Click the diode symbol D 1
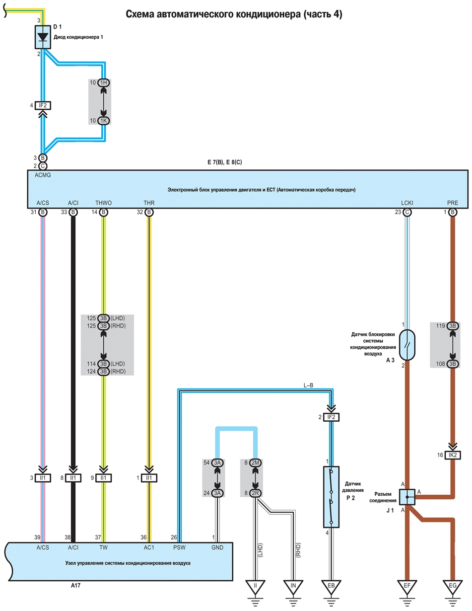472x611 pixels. (x=43, y=37)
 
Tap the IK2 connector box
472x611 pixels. (x=453, y=455)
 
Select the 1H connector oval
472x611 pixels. (x=103, y=82)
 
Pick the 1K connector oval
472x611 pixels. (x=103, y=121)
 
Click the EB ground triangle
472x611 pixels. (x=331, y=587)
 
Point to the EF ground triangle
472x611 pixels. (x=407, y=587)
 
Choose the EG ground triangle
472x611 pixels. (x=453, y=587)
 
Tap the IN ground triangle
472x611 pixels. (x=293, y=587)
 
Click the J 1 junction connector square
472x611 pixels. (x=407, y=497)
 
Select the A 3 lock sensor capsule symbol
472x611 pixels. (x=407, y=345)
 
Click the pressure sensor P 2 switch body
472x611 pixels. (x=331, y=497)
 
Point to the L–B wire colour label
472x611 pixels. (x=309, y=385)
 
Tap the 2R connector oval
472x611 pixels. (x=255, y=493)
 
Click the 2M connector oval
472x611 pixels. (x=255, y=462)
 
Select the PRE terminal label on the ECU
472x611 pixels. (x=453, y=203)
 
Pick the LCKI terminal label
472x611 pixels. (x=407, y=203)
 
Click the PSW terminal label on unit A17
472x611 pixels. (x=179, y=547)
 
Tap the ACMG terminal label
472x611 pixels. (x=43, y=175)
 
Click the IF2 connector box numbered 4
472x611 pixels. (x=43, y=105)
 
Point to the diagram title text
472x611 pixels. (x=234, y=14)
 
